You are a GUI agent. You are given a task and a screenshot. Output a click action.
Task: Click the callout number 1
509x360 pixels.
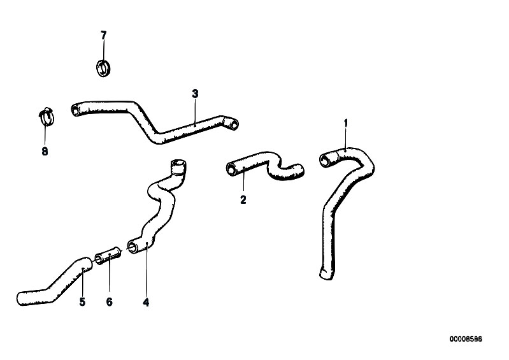pyautogui.click(x=346, y=124)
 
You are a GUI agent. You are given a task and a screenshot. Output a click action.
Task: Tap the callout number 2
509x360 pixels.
pyautogui.click(x=243, y=199)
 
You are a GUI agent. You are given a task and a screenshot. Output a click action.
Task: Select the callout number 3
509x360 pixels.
pyautogui.click(x=195, y=94)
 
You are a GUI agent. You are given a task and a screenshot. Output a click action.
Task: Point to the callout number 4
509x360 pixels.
pyautogui.click(x=146, y=303)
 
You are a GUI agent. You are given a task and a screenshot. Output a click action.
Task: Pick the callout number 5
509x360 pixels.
pyautogui.click(x=82, y=302)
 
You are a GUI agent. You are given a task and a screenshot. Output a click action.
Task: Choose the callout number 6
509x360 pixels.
pyautogui.click(x=110, y=302)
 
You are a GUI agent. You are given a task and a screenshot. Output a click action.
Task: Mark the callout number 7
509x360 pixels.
pyautogui.click(x=104, y=36)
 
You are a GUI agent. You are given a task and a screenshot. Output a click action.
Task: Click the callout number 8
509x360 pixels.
pyautogui.click(x=45, y=151)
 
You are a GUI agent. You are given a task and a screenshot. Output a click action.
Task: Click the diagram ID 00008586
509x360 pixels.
pyautogui.click(x=466, y=339)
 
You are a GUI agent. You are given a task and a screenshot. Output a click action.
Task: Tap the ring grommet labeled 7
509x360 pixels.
pyautogui.click(x=103, y=68)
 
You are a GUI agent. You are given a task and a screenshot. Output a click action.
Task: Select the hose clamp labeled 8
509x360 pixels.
pyautogui.click(x=46, y=117)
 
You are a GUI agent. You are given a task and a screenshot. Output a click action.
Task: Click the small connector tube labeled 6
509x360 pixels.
pyautogui.click(x=108, y=254)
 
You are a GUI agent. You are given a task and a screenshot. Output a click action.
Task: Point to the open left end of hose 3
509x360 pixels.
pyautogui.click(x=75, y=110)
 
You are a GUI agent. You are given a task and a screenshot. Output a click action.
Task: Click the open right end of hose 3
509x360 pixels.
pyautogui.click(x=233, y=124)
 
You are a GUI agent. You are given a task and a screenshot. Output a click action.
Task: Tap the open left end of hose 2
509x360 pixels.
pyautogui.click(x=231, y=169)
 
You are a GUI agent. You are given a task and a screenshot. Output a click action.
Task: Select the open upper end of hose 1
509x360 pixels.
pyautogui.click(x=325, y=160)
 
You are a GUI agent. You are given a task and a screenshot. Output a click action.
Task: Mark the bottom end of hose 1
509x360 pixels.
pyautogui.click(x=326, y=275)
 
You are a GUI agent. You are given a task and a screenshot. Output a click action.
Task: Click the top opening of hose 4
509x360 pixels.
pyautogui.click(x=178, y=162)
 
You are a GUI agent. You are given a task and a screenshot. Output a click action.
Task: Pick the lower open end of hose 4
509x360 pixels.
pyautogui.click(x=133, y=247)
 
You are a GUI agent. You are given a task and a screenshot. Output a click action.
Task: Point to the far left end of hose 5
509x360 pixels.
pyautogui.click(x=20, y=299)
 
